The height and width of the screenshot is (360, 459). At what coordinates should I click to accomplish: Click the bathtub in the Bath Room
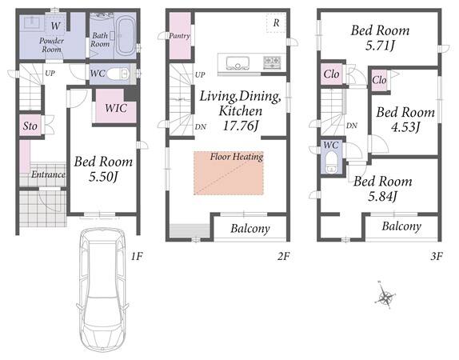(x=126, y=36)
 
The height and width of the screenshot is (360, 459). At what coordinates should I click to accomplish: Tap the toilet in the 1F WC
(x=118, y=74)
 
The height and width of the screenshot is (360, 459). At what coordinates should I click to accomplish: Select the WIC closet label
(x=116, y=108)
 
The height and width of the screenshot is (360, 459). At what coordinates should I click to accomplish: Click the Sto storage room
(x=30, y=126)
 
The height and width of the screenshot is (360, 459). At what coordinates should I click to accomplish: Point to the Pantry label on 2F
(x=179, y=36)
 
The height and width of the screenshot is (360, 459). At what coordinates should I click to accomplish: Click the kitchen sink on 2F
(x=237, y=63)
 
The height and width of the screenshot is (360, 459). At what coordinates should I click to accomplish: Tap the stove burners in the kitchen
(x=272, y=62)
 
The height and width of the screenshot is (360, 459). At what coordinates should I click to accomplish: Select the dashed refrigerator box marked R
(x=276, y=23)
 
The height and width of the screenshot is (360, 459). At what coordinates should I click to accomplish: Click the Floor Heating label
(x=237, y=157)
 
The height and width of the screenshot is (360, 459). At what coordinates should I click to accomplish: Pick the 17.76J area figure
(x=241, y=126)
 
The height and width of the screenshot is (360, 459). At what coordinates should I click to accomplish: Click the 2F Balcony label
(x=250, y=229)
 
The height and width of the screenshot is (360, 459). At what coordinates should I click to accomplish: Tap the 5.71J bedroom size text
(x=380, y=46)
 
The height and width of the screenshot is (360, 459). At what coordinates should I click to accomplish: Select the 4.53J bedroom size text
(x=405, y=127)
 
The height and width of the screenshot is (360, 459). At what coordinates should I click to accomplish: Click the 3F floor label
(x=436, y=257)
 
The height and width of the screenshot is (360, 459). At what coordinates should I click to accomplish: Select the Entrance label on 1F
(x=48, y=174)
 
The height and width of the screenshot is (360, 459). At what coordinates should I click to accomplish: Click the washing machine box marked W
(x=55, y=26)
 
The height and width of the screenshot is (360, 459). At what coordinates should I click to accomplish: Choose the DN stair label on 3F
(x=352, y=126)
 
